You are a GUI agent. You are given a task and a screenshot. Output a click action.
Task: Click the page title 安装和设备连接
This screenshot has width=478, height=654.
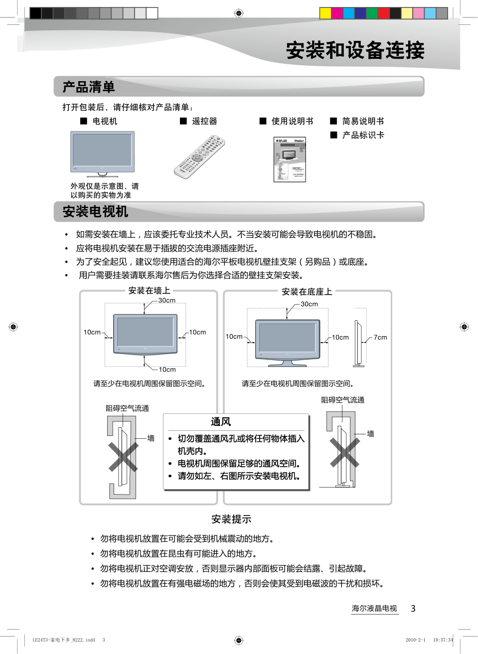(x=355, y=50)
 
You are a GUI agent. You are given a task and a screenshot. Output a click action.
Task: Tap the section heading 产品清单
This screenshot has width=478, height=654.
(x=89, y=87)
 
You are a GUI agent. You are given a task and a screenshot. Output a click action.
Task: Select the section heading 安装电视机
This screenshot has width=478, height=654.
(x=95, y=212)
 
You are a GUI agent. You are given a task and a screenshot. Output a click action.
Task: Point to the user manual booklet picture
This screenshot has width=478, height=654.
(x=290, y=159)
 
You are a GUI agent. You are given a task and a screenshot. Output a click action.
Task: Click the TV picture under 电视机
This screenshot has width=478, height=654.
(x=102, y=153)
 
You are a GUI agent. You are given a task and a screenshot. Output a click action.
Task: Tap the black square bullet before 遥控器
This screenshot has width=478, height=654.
(x=183, y=121)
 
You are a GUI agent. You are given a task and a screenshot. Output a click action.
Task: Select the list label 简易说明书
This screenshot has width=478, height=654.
(x=363, y=121)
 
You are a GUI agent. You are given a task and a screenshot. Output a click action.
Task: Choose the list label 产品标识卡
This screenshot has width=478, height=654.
(x=363, y=135)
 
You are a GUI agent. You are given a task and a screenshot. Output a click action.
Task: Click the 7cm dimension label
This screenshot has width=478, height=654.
(x=380, y=337)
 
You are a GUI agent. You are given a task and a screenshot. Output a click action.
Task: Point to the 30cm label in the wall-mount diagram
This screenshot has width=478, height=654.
(x=167, y=300)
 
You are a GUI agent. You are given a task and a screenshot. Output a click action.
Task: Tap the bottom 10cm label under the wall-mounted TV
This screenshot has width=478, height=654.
(x=167, y=370)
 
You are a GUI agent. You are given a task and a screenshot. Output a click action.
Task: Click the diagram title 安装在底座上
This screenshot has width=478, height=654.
(x=307, y=291)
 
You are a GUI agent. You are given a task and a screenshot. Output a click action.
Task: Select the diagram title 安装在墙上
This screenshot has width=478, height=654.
(x=149, y=290)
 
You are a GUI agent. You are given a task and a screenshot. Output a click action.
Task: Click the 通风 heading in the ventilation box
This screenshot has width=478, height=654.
(x=221, y=422)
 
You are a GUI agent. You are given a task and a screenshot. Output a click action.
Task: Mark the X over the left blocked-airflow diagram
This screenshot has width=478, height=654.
(x=123, y=457)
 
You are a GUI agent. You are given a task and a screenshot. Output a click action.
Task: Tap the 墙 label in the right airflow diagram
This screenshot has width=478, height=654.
(x=370, y=434)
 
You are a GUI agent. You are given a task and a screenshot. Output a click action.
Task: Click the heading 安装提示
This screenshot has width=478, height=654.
(x=231, y=519)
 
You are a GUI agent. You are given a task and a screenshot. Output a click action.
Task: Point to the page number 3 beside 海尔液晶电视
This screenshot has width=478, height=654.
(x=413, y=608)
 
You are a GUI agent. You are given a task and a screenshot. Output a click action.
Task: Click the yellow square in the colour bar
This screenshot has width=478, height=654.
(x=325, y=13)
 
